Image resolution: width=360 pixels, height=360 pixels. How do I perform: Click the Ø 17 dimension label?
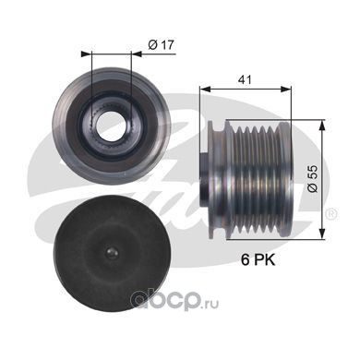click(161, 45)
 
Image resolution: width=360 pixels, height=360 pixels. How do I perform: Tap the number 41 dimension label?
click(245, 79)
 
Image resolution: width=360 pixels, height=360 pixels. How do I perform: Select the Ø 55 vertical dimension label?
click(313, 179)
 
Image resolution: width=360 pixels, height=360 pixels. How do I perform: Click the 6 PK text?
click(258, 260)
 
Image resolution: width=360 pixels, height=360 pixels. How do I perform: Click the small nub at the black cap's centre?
click(111, 253)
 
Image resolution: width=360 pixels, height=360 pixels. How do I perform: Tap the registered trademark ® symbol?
click(332, 213)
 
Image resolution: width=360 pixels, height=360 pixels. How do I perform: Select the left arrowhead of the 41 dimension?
click(205, 89)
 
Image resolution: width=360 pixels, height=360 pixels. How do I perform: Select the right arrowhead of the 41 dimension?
click(286, 89)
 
